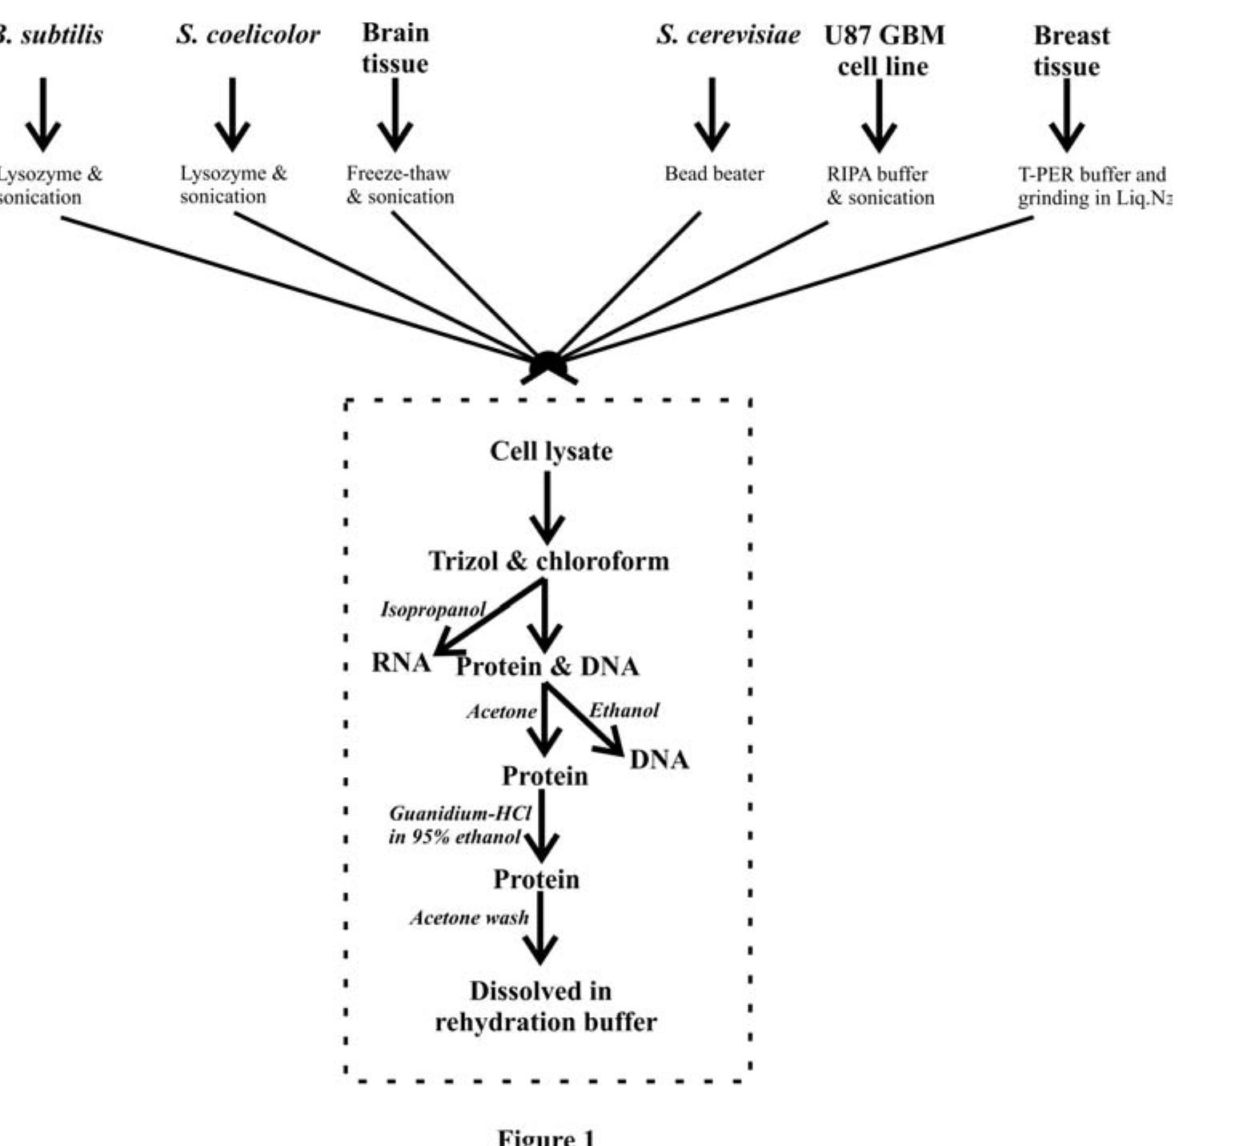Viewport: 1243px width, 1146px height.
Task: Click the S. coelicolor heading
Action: point(247,34)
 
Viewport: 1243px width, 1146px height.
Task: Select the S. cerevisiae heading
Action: point(728,34)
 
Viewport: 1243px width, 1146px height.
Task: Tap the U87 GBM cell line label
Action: point(884,50)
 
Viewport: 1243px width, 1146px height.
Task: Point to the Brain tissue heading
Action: point(395,48)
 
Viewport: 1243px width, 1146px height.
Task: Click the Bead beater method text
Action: point(714,174)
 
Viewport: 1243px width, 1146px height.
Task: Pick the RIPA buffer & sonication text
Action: point(880,186)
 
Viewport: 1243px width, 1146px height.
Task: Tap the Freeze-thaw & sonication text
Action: point(399,185)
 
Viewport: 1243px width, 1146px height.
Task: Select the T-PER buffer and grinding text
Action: point(1093,186)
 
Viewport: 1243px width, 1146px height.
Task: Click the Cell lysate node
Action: point(551,451)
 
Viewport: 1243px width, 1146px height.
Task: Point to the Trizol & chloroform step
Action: point(548,560)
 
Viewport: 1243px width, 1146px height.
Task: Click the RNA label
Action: point(401,663)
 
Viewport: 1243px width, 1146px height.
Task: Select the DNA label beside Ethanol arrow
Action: point(659,759)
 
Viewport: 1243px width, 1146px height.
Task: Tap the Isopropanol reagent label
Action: point(432,610)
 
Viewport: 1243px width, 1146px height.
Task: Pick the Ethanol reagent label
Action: point(624,711)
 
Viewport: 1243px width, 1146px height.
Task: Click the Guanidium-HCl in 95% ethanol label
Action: point(459,825)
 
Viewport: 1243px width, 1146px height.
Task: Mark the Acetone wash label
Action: point(469,918)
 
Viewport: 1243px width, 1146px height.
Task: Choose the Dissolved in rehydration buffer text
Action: point(544,1007)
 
